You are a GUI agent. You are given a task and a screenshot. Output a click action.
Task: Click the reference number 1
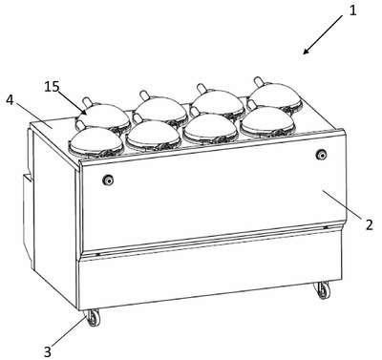click(x=352, y=11)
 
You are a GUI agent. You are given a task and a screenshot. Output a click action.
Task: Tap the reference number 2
click(x=370, y=224)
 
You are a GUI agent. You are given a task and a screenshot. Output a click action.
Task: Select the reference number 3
click(x=47, y=352)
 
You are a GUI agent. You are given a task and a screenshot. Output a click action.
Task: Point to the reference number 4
click(x=10, y=100)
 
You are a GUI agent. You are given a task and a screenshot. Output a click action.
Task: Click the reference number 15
click(x=52, y=87)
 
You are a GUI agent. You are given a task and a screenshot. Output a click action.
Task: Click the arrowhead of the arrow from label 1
click(x=306, y=52)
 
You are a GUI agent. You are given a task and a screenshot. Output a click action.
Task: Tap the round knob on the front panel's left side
click(x=108, y=180)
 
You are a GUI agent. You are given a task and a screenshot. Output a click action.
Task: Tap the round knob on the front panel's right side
click(x=321, y=155)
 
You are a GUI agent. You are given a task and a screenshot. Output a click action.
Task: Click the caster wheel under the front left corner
click(x=93, y=318)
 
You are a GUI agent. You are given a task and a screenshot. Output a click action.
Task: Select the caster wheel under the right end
click(x=323, y=290)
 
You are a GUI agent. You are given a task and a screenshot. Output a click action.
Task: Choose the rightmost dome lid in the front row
click(x=268, y=122)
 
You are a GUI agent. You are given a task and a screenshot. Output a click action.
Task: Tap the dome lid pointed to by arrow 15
click(x=104, y=116)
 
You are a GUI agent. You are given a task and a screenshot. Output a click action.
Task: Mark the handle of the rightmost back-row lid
click(x=259, y=82)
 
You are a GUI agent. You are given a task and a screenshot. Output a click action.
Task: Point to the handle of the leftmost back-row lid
click(x=88, y=102)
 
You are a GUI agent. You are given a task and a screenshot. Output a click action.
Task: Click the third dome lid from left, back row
click(x=219, y=102)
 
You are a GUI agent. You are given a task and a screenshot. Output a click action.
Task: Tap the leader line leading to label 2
click(x=343, y=204)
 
